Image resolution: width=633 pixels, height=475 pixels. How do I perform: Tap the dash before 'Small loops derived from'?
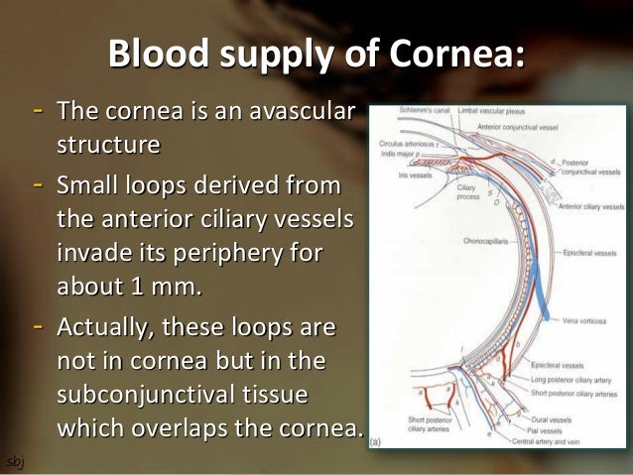point(38,183)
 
